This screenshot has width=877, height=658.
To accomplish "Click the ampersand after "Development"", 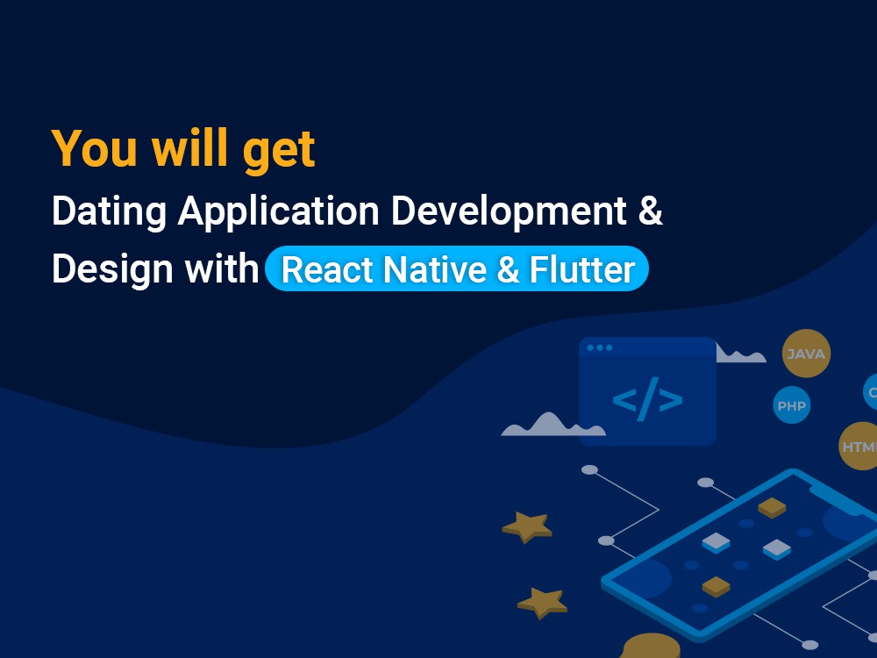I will [650, 212].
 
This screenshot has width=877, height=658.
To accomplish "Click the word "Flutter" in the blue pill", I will [582, 269].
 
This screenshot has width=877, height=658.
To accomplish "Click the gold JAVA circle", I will [806, 354].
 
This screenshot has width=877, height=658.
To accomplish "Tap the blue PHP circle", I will [792, 406].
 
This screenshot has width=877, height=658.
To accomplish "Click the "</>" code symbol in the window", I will [647, 400].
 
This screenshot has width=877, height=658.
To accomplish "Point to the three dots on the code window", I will [600, 347].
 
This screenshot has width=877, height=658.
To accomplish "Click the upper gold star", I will [527, 526].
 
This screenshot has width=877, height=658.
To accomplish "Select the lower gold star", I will [542, 603].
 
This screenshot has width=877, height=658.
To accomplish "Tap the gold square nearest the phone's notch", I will [772, 507].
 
